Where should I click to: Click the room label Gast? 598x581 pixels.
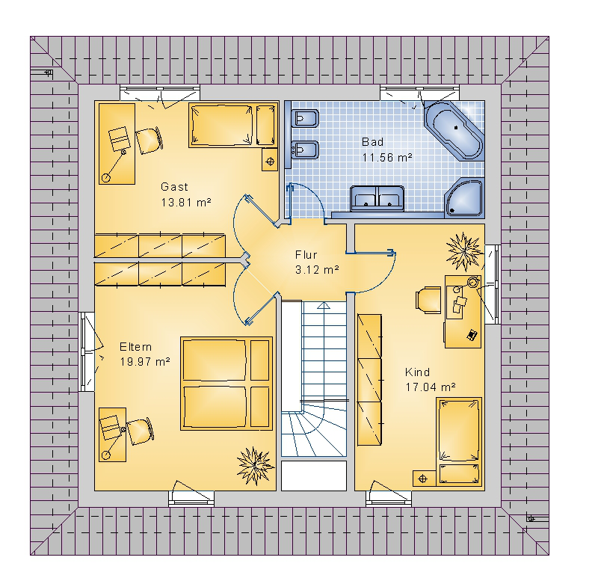tap(174, 187)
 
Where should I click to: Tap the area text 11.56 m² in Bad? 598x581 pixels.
tap(387, 157)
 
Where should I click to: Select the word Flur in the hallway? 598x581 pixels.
tap(306, 255)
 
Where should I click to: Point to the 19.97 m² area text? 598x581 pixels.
tap(145, 361)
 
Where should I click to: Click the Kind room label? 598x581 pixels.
tap(417, 372)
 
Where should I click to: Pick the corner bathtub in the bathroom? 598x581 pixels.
tap(454, 129)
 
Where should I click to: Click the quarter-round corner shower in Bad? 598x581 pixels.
tap(463, 197)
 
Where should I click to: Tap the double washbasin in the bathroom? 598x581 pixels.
tap(377, 198)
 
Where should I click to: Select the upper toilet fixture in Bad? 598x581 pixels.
tap(303, 119)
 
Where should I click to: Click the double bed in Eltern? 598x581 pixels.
tap(226, 384)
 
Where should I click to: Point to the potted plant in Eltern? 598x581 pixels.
tap(254, 466)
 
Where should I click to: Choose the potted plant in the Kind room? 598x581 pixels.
tap(463, 252)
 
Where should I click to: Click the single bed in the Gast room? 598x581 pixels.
tap(232, 124)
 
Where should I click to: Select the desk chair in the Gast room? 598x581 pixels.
tap(149, 141)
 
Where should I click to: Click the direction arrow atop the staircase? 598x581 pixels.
tap(324, 305)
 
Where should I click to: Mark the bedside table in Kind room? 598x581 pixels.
tap(424, 479)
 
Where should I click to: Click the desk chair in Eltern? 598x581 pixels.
tap(140, 431)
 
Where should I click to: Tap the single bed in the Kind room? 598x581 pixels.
tap(459, 441)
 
